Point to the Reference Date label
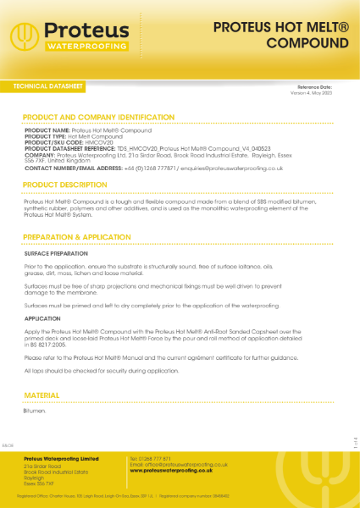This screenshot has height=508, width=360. click(319, 87)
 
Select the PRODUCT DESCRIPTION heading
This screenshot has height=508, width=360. click(65, 185)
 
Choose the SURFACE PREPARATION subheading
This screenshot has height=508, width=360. click(53, 253)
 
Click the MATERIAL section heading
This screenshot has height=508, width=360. click(42, 395)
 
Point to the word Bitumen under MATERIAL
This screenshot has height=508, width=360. click(35, 411)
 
